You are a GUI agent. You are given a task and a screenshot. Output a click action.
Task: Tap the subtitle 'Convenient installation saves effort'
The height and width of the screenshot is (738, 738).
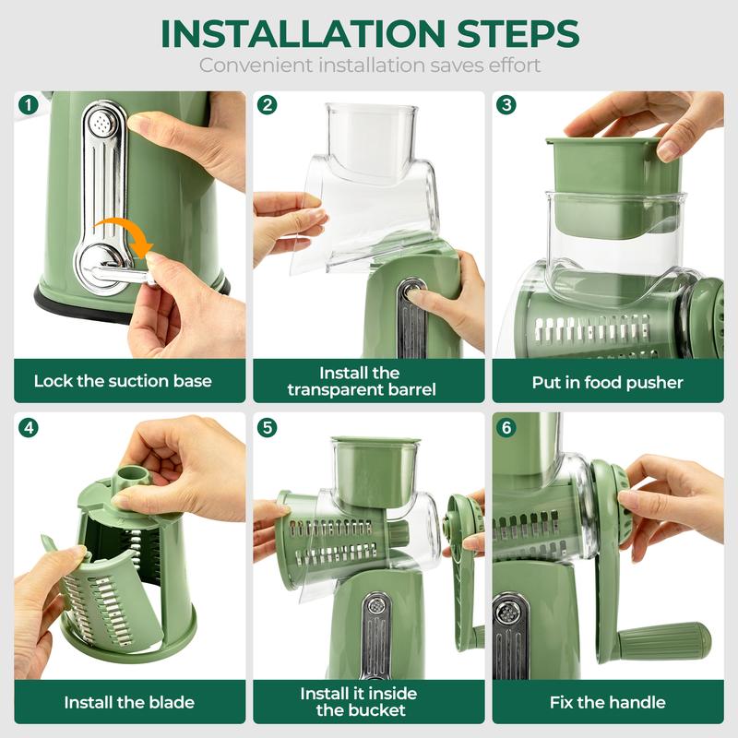(x=369, y=65)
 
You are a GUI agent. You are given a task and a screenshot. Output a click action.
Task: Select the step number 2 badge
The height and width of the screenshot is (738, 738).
(x=267, y=104)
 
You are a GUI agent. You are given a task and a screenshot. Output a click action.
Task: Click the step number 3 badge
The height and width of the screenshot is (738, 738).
(x=506, y=104)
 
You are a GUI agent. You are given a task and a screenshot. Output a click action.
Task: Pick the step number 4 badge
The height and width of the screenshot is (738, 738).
(x=27, y=427)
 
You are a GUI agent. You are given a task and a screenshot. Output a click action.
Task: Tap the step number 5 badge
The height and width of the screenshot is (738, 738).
(x=267, y=427)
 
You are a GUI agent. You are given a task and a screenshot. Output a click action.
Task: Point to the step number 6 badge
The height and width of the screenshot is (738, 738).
(x=506, y=427)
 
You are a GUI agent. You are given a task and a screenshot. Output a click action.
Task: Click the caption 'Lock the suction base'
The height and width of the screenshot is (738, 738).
(x=123, y=381)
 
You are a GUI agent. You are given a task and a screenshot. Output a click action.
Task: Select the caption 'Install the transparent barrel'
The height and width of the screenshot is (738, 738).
(x=361, y=381)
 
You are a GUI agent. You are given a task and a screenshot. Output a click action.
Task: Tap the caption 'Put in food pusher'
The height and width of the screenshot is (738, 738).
(x=607, y=381)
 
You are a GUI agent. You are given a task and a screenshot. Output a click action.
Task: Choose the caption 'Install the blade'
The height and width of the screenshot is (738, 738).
(x=129, y=702)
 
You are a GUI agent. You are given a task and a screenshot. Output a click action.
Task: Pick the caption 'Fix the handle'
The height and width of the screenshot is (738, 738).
(x=607, y=702)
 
